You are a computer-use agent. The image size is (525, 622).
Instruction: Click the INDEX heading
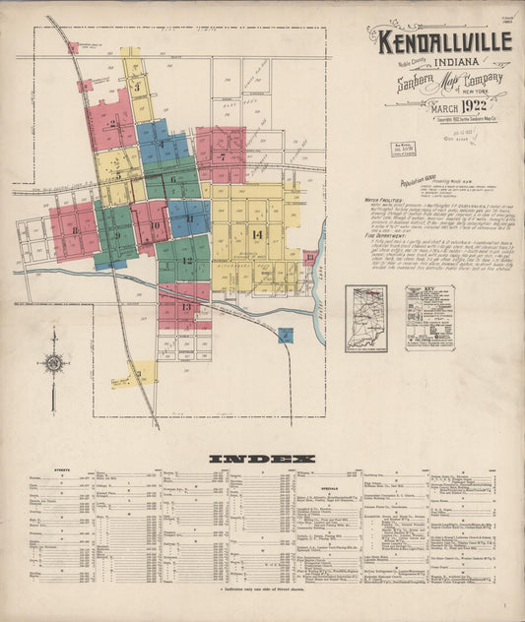(x=262, y=459)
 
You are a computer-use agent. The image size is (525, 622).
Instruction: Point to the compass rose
(x=54, y=364)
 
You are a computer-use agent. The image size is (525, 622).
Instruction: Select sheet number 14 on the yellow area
(x=257, y=234)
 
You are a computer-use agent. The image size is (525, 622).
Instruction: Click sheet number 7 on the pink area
(x=224, y=155)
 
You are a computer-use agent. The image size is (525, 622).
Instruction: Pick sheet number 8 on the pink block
(x=75, y=231)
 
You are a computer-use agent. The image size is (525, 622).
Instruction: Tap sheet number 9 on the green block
(x=117, y=236)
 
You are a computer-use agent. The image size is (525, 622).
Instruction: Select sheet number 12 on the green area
(x=186, y=260)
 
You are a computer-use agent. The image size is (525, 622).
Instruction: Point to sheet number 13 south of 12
(x=185, y=307)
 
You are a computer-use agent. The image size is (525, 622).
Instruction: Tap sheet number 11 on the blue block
(x=188, y=218)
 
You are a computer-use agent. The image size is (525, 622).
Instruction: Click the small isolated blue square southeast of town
(x=285, y=336)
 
